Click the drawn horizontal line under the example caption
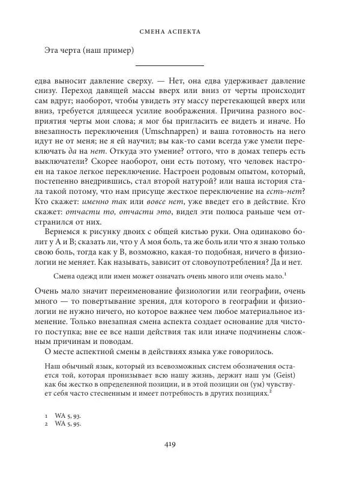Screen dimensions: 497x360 (169, 65)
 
